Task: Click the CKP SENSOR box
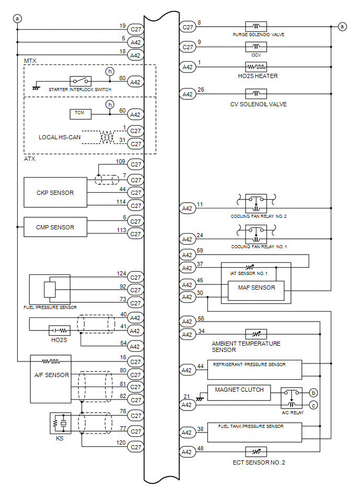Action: tap(55, 192)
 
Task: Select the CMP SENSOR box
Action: tap(55, 227)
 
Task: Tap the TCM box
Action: tap(81, 114)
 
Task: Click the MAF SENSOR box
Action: tap(256, 291)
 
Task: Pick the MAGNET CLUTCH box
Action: tap(239, 393)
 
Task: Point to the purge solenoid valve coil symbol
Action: tap(256, 27)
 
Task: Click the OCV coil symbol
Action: tap(256, 47)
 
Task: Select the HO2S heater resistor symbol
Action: tap(256, 67)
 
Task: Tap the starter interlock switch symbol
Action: tap(81, 81)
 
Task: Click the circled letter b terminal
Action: tap(313, 393)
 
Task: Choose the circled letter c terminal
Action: tap(313, 405)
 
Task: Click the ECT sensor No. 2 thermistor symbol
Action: tap(256, 451)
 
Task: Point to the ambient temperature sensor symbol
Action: tap(256, 334)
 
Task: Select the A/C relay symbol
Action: tap(291, 398)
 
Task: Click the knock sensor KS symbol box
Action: tap(61, 423)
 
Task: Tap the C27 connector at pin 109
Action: tap(136, 164)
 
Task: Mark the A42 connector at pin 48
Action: tap(187, 452)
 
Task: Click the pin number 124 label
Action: tap(121, 273)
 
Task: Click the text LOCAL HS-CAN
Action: tap(60, 137)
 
